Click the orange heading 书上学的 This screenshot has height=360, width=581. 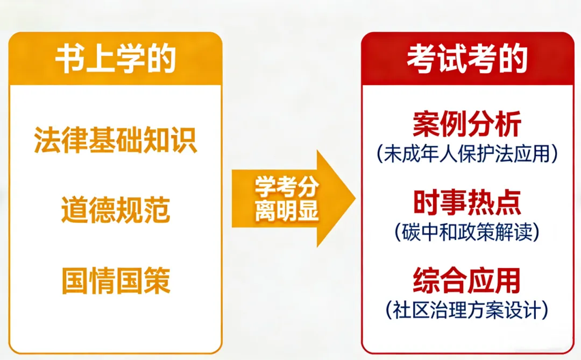pos(116,60)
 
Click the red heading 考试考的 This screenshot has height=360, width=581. pos(467,59)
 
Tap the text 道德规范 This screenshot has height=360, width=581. pos(116,210)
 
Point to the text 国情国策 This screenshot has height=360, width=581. pos(116,280)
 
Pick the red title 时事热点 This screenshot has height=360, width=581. pos(467,203)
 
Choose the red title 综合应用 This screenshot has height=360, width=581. pos(467,280)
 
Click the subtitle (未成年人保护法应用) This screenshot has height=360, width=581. pos(467,154)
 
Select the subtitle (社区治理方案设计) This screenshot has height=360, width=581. pos(467,309)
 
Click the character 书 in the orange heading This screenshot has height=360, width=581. pos(68,60)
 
